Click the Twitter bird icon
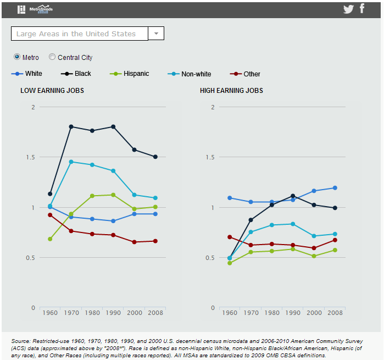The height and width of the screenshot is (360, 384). point(348,9)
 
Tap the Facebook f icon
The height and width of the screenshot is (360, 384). point(362,8)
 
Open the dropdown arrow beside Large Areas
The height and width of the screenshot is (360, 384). point(156,34)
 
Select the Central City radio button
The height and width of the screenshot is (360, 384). point(52,57)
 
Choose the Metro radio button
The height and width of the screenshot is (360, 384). point(17,57)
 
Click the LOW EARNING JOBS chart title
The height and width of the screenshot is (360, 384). point(52,91)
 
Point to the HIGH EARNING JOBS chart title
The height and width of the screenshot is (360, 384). point(231,91)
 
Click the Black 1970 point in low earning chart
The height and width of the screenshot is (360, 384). point(71,126)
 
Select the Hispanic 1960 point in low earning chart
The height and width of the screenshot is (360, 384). point(50,239)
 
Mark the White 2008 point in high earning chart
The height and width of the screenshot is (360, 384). point(335,188)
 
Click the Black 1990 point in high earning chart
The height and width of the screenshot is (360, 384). point(293,196)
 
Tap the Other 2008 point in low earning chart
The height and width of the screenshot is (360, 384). point(155,241)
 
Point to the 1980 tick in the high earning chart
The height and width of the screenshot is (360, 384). point(272,313)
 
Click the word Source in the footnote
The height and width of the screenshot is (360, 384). point(21,341)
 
